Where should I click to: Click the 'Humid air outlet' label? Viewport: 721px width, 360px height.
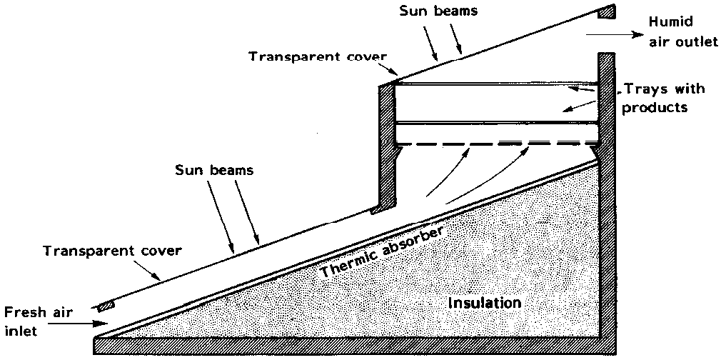[x=682, y=32]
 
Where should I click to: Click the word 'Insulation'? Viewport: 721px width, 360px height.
[x=484, y=303]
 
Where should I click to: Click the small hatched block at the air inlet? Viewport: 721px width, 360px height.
[x=105, y=306]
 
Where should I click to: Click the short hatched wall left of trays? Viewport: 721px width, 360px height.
[x=386, y=143]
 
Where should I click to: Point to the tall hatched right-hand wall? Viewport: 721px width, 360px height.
[x=606, y=200]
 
